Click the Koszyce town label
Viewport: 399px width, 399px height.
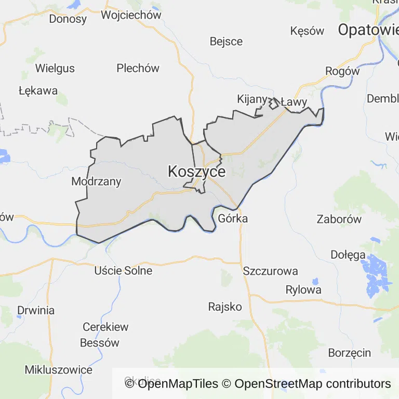(x=196, y=172)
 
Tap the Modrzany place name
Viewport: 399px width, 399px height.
(x=96, y=182)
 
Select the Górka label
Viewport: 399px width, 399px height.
(x=233, y=218)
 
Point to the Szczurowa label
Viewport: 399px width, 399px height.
(x=270, y=271)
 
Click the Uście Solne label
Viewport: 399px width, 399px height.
(x=123, y=271)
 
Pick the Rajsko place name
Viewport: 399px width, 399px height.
(x=225, y=307)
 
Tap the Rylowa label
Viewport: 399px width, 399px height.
(x=303, y=290)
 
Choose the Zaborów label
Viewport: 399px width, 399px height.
(x=339, y=219)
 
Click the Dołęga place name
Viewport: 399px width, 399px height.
(x=348, y=255)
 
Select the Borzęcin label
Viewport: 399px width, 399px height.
(x=350, y=353)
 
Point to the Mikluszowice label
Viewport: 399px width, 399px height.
(x=59, y=370)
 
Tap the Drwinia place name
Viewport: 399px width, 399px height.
(x=36, y=310)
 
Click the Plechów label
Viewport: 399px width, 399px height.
(x=138, y=68)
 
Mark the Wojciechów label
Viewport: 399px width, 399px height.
(x=131, y=15)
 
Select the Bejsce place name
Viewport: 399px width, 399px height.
(x=226, y=41)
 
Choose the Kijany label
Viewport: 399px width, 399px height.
(x=252, y=99)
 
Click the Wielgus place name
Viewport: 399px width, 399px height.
(x=55, y=68)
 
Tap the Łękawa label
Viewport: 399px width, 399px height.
(x=38, y=90)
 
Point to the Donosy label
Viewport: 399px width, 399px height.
(x=68, y=19)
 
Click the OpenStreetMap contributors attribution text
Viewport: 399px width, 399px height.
(x=312, y=384)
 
